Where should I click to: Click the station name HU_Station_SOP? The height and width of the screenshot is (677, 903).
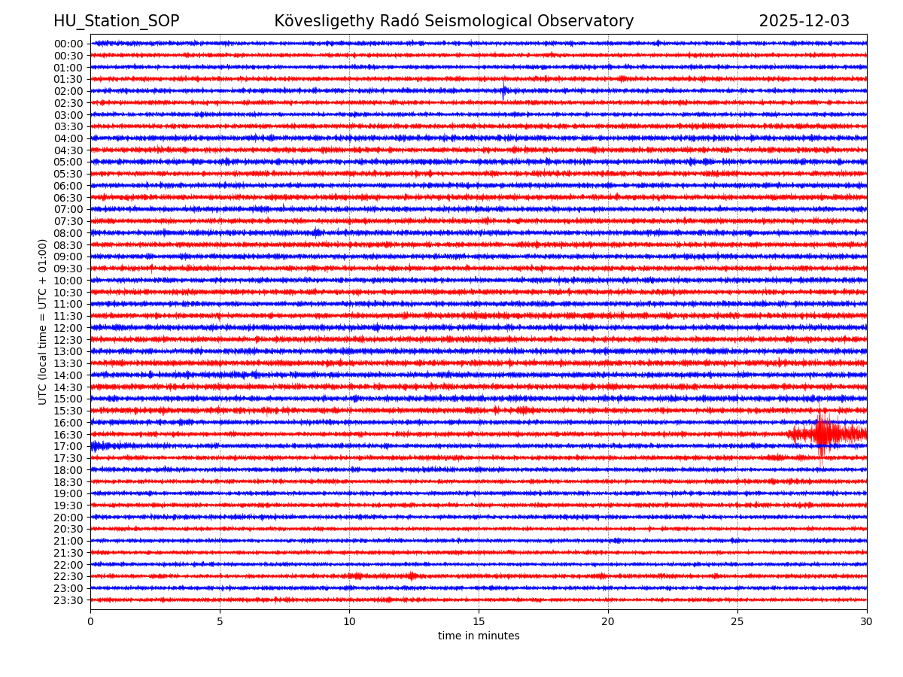tap(116, 21)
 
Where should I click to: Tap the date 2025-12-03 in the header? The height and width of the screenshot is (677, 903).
tap(804, 21)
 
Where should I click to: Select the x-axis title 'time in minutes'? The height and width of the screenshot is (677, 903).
tap(479, 636)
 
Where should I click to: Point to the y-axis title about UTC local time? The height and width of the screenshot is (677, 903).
tap(43, 321)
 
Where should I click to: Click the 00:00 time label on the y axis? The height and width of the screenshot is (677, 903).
tap(68, 44)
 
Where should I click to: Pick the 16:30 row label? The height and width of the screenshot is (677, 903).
tap(68, 435)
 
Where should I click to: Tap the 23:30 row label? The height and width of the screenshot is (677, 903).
tap(68, 600)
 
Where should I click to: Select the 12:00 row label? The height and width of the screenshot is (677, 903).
tap(68, 328)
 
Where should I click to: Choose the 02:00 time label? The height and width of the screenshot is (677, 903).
tap(68, 91)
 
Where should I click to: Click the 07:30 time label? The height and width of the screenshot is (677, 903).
tap(68, 221)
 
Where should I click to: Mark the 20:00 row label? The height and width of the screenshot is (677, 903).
tap(68, 518)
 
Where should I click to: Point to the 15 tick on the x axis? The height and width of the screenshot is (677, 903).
tap(479, 621)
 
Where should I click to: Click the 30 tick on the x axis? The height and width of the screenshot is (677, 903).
tap(867, 621)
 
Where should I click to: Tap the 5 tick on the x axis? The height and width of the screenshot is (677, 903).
tap(220, 621)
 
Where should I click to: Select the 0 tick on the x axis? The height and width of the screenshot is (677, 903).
tap(90, 621)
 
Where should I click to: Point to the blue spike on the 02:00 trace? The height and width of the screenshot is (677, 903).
tap(503, 91)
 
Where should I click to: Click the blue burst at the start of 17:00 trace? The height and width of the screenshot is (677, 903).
tap(96, 446)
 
